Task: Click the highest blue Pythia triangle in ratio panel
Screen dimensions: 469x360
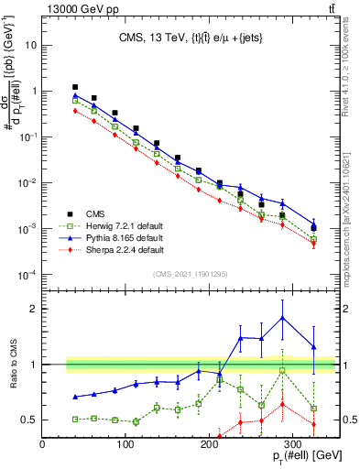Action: (283, 318)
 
